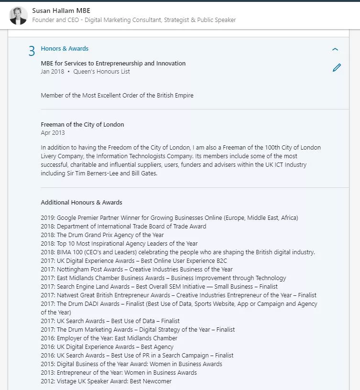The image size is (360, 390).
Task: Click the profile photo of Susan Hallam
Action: tap(18, 15)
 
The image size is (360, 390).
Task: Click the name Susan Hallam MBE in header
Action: tap(61, 11)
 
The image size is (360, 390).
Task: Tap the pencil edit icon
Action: tap(337, 68)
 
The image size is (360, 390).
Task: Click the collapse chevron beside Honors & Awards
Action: tap(335, 49)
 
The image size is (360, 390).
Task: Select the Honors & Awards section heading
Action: tap(65, 49)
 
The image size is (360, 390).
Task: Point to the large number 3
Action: tap(32, 51)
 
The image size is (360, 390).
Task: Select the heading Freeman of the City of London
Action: tap(82, 125)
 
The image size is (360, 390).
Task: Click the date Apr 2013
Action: tap(53, 133)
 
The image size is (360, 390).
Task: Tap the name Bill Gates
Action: tap(143, 173)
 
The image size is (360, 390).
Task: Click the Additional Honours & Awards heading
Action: tap(81, 203)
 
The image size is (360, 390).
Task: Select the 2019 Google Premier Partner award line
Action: tap(169, 218)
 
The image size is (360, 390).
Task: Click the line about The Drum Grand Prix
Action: tap(102, 235)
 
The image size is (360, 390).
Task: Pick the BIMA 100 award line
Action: tap(178, 252)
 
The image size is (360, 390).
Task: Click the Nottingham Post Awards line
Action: tap(137, 270)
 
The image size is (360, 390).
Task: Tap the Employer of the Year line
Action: tap(109, 338)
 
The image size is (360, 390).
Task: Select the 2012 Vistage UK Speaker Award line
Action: tap(106, 381)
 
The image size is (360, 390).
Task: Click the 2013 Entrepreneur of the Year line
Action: tap(119, 373)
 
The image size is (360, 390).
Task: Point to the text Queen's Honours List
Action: tap(101, 72)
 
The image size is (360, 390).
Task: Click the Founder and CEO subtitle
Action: tap(134, 20)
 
